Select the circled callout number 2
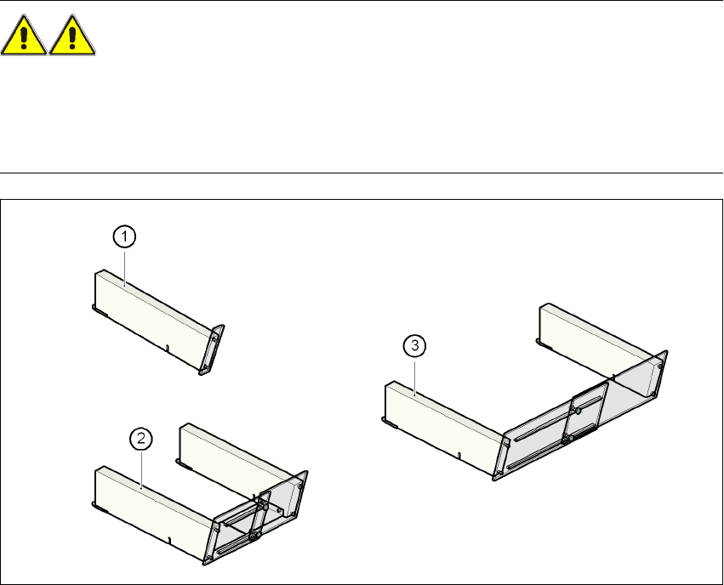tap(140, 439)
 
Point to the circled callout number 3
tap(413, 346)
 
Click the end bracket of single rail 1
tap(212, 349)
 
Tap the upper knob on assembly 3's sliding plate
tap(578, 410)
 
